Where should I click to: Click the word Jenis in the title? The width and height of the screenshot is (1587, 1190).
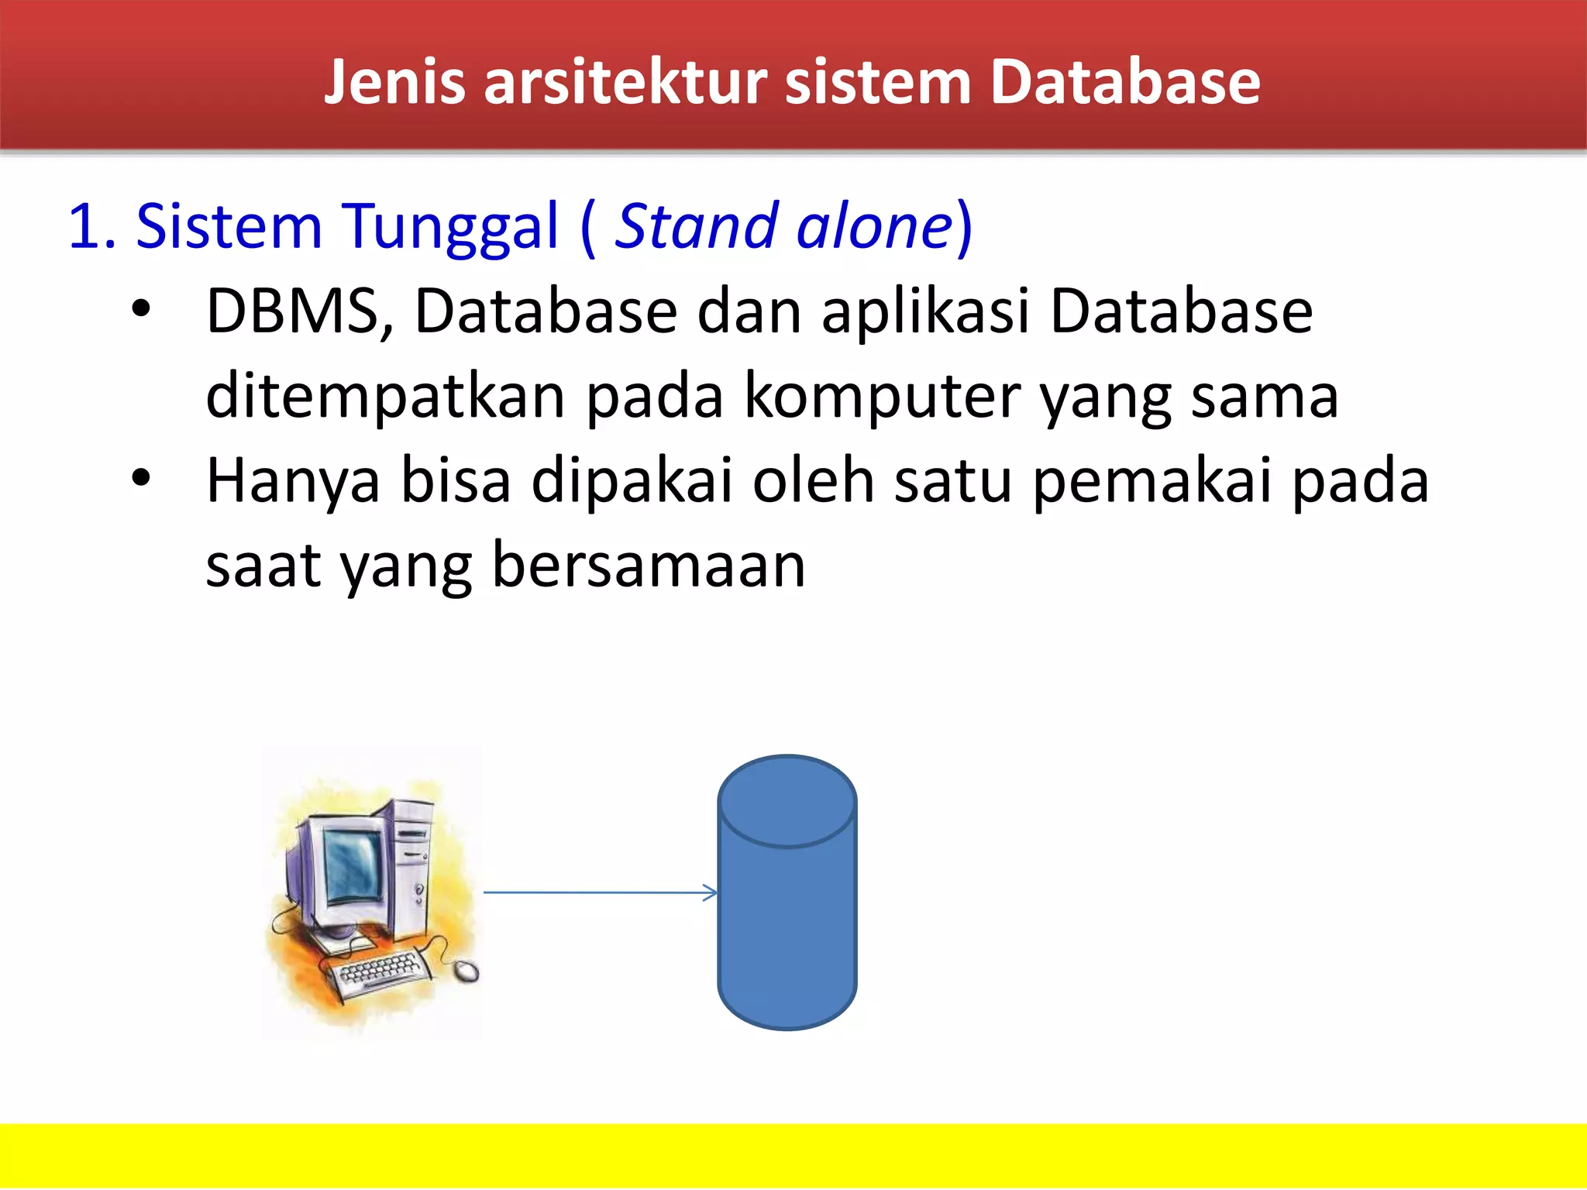pos(394,82)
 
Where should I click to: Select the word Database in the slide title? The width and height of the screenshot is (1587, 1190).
pos(1125,82)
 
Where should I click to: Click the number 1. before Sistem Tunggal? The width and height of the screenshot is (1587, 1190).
pos(91,226)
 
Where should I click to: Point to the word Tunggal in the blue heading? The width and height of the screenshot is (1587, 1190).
pos(449,226)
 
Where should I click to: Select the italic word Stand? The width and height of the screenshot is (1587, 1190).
pos(695,226)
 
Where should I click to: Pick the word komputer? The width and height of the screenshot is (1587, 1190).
pos(882,397)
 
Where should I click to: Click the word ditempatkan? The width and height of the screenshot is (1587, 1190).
pos(385,397)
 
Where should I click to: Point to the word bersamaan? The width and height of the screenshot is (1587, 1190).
pos(649,566)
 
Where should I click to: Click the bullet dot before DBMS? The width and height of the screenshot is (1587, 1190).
pos(140,309)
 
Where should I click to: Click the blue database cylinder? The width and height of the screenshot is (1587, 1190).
pos(787,914)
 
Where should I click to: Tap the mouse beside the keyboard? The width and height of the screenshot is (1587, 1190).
pos(466,971)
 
